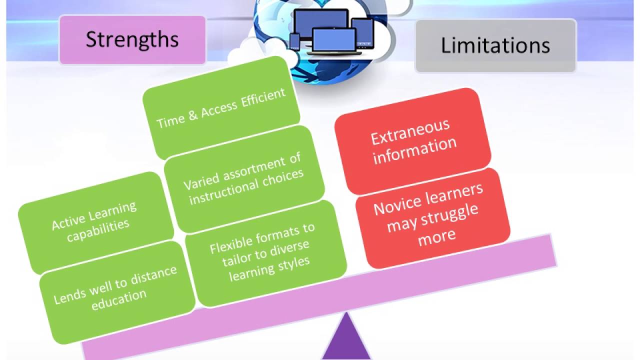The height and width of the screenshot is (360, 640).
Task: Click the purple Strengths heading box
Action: click(x=132, y=39)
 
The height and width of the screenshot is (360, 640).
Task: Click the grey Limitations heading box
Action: click(x=495, y=45)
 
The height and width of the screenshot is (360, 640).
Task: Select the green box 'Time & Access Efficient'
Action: click(x=221, y=108)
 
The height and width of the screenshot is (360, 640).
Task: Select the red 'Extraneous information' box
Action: click(x=413, y=141)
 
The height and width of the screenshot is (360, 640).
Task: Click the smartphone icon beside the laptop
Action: click(x=294, y=41)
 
